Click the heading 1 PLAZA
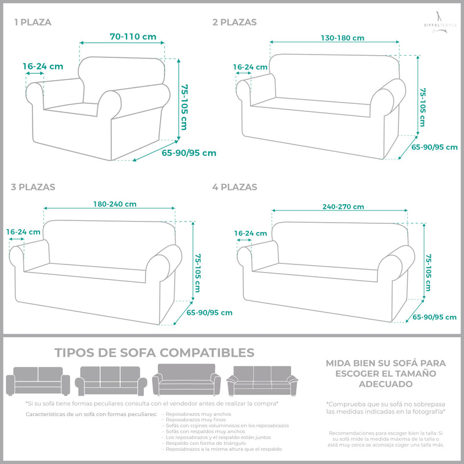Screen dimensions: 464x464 [33, 23]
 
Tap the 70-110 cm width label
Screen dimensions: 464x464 [133, 37]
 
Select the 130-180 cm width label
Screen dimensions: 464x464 [342, 38]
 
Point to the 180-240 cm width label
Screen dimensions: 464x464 [115, 204]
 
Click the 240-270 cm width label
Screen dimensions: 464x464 [343, 206]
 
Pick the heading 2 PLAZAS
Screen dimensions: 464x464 [234, 23]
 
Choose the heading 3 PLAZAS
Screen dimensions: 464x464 [33, 187]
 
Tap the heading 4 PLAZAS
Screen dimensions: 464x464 [234, 187]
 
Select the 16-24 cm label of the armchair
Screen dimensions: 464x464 [43, 66]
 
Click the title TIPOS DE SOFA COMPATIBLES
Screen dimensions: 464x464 [154, 353]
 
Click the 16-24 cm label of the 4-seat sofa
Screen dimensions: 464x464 [251, 233]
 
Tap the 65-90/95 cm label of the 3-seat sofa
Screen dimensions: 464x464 [209, 313]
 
